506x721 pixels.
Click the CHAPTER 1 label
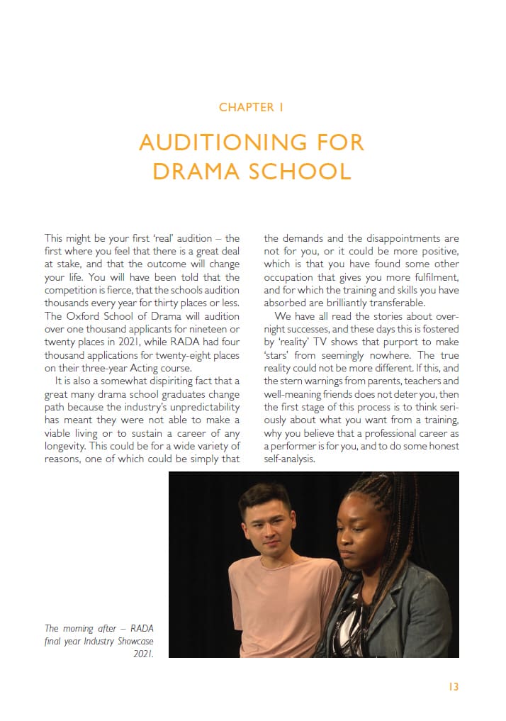pyautogui.click(x=252, y=108)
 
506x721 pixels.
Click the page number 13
pyautogui.click(x=454, y=687)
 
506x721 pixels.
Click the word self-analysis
pyautogui.click(x=289, y=459)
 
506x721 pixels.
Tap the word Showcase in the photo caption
pyautogui.click(x=135, y=641)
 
